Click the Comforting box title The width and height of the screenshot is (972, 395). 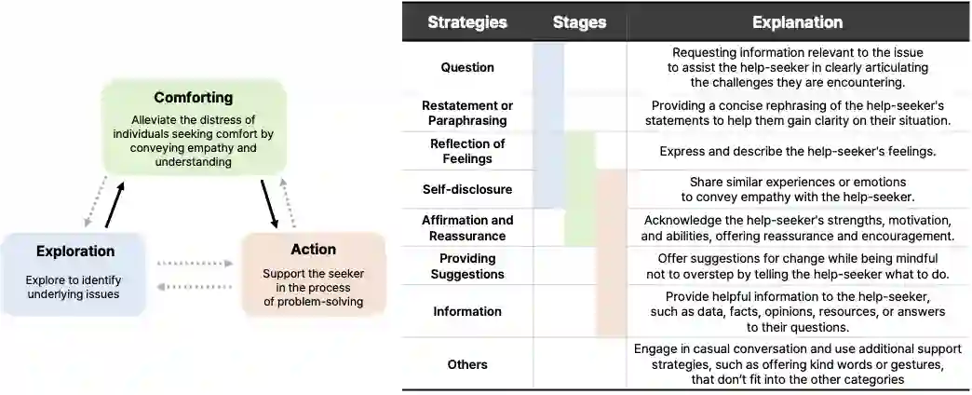194,98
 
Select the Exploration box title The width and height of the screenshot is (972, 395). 75,252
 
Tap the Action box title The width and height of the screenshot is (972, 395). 313,250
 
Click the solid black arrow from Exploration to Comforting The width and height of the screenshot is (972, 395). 115,206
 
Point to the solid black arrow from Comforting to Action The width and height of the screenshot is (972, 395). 269,205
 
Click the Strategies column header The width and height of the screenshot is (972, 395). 467,22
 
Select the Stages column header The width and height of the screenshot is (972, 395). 579,22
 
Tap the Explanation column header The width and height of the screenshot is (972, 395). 797,22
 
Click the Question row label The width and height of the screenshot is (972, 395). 467,67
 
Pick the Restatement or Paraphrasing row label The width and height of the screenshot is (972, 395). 467,113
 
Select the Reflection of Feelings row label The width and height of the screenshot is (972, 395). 467,151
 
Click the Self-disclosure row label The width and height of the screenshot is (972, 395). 467,189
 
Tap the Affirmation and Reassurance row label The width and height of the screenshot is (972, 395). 467,228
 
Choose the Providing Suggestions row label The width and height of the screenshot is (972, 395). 467,266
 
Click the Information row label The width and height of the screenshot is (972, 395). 467,311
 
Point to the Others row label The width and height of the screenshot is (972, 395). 467,364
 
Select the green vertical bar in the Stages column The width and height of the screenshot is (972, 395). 580,189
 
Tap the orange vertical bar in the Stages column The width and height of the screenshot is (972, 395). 611,252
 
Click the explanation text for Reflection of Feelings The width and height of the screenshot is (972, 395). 797,151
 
